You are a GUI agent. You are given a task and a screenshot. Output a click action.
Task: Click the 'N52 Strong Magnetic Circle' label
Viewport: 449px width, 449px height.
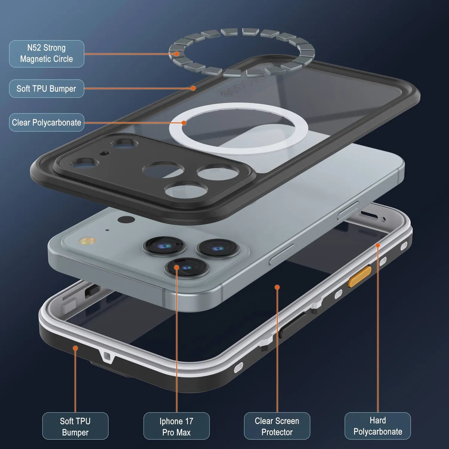pyautogui.click(x=46, y=54)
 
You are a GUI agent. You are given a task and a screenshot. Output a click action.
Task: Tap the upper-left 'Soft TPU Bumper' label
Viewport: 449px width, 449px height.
pyautogui.click(x=46, y=89)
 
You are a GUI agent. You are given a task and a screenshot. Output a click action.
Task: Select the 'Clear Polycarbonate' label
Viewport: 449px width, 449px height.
pyautogui.click(x=46, y=122)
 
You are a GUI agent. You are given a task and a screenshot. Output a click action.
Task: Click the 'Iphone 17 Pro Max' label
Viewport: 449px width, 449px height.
pyautogui.click(x=176, y=426)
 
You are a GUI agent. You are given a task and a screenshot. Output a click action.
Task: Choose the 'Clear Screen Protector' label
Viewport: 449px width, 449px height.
pyautogui.click(x=277, y=426)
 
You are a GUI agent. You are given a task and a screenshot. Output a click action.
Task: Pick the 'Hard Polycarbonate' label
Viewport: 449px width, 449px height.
pyautogui.click(x=377, y=426)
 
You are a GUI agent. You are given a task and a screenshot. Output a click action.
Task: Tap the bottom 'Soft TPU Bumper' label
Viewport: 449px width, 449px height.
pyautogui.click(x=75, y=426)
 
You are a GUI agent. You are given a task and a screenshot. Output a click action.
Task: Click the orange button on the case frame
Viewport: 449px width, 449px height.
pyautogui.click(x=359, y=276)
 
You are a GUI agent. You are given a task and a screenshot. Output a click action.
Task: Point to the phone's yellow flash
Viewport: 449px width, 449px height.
pyautogui.click(x=87, y=241)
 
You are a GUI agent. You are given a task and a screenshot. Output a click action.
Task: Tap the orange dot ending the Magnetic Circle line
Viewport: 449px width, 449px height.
pyautogui.click(x=177, y=54)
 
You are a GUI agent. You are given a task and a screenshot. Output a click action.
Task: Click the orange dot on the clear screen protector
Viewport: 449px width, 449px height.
pyautogui.click(x=277, y=287)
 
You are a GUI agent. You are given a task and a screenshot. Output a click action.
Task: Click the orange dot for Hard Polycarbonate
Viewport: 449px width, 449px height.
pyautogui.click(x=378, y=245)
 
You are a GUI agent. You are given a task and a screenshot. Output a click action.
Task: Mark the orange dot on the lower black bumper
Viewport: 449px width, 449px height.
pyautogui.click(x=75, y=348)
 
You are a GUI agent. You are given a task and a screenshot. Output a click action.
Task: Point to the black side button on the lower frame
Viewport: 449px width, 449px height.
pyautogui.click(x=292, y=325)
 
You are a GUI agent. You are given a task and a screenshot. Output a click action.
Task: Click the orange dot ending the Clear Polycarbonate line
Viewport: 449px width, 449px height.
pyautogui.click(x=184, y=123)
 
